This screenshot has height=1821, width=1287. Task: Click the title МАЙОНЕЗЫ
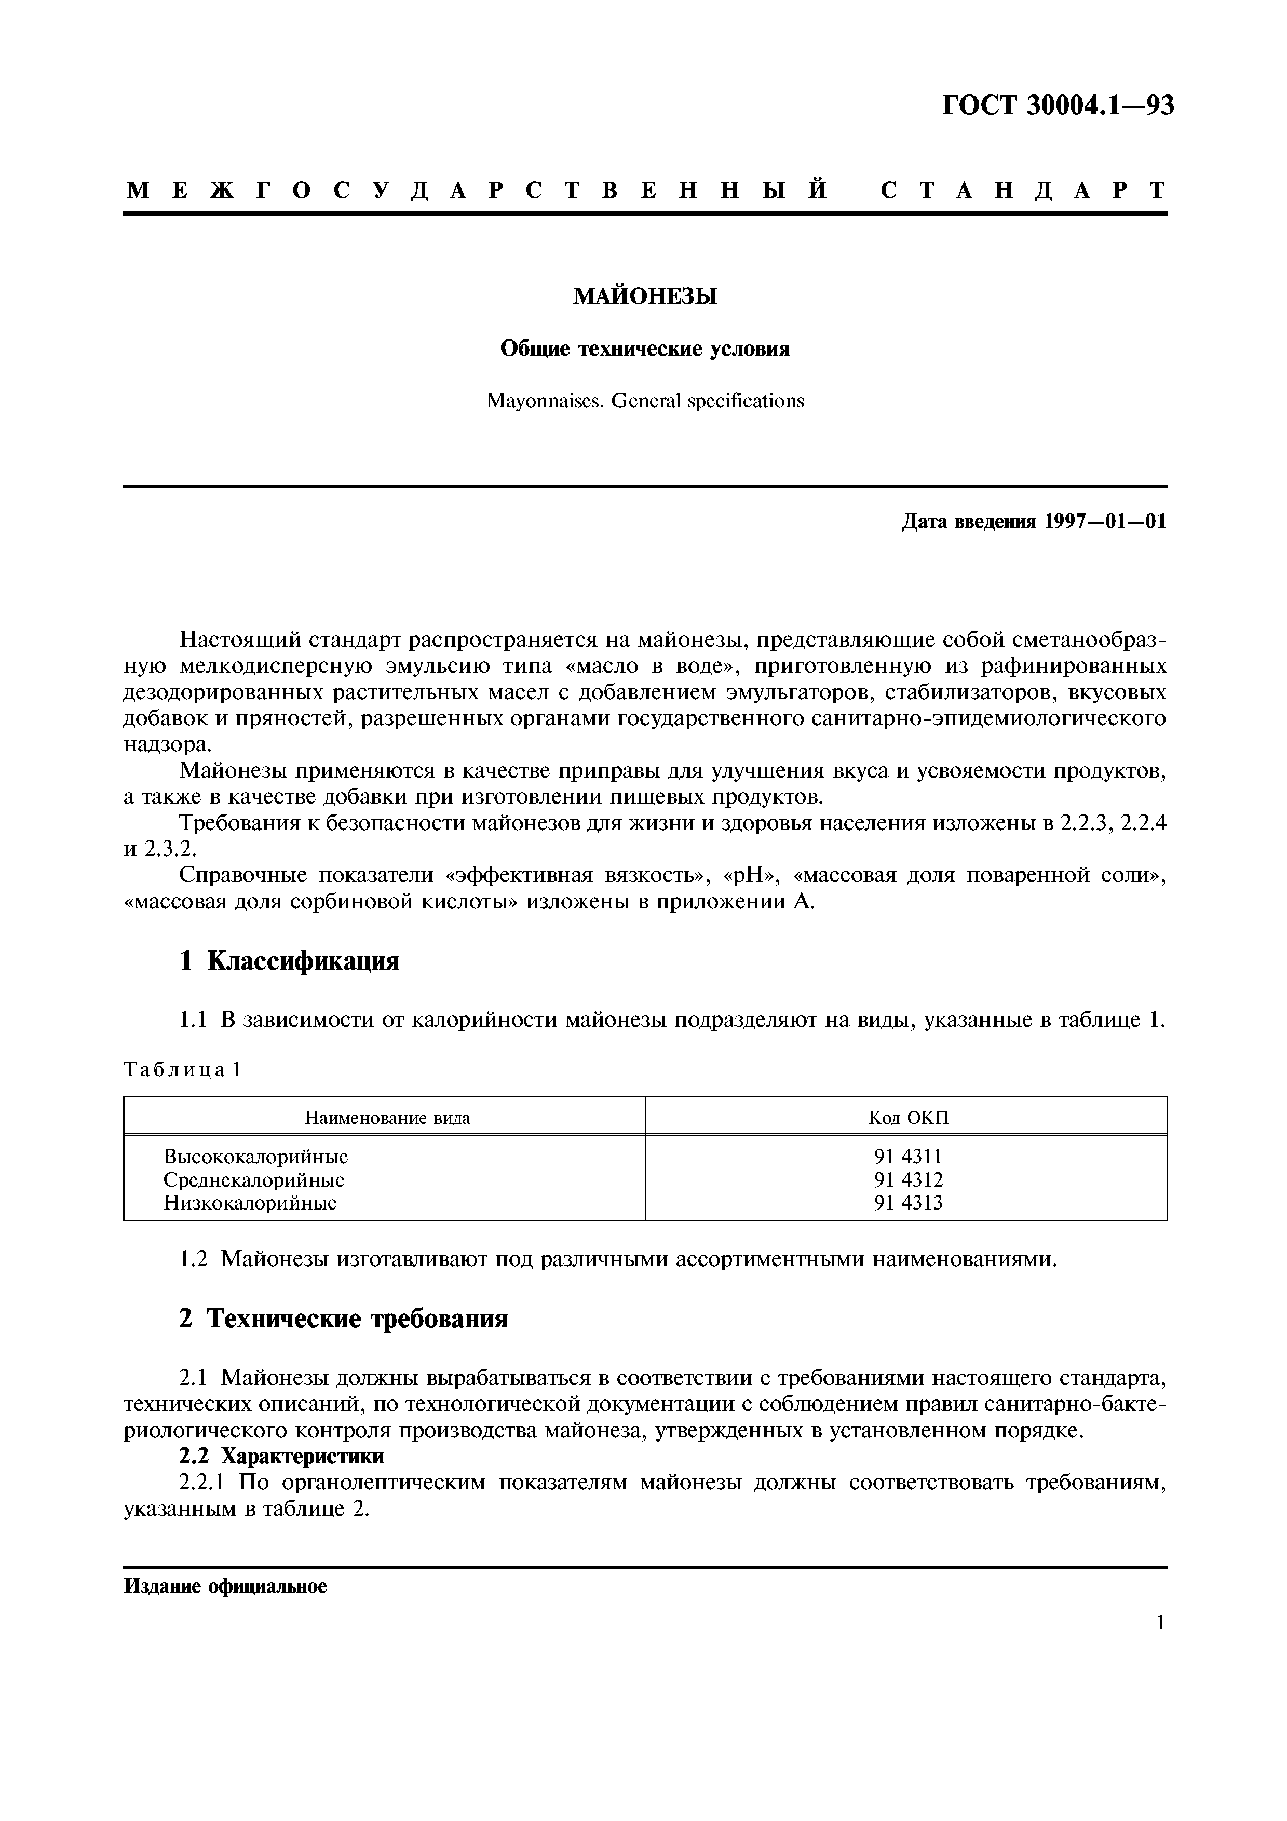click(x=645, y=296)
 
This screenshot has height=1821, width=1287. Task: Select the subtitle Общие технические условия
click(x=645, y=349)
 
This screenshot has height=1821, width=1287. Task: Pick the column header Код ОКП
click(x=908, y=1118)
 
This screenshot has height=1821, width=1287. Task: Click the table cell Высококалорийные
click(x=255, y=1157)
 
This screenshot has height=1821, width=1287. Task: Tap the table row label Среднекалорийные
click(x=254, y=1180)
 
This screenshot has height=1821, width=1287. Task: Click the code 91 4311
click(x=908, y=1157)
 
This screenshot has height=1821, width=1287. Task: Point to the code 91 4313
click(x=908, y=1203)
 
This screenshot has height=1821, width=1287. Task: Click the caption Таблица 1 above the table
click(x=182, y=1071)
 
